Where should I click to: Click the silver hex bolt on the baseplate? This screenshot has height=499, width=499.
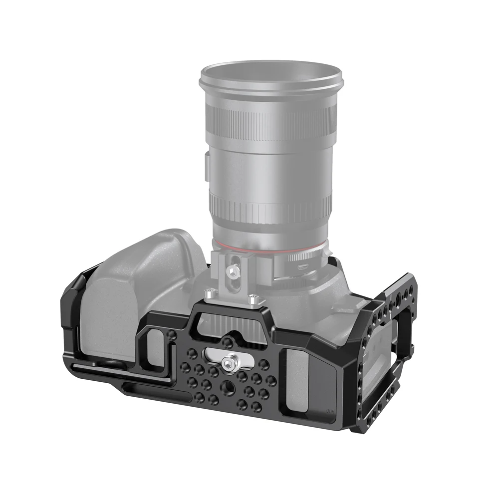pyautogui.click(x=229, y=358)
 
